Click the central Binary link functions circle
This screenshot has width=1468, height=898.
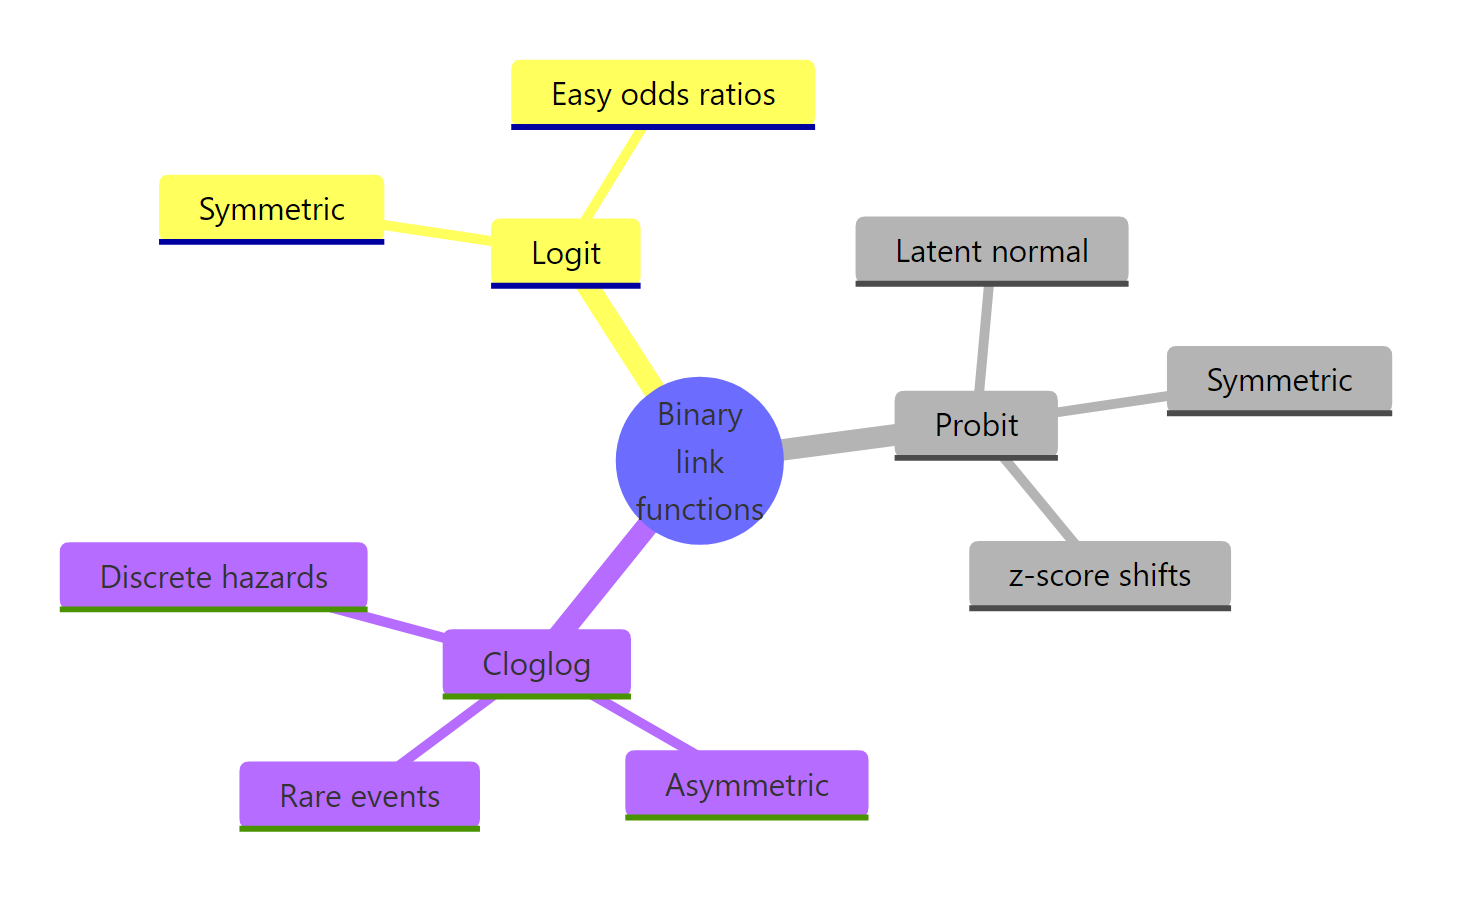[x=699, y=461]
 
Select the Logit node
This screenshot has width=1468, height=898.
[x=565, y=253]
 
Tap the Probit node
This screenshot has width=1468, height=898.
[x=976, y=425]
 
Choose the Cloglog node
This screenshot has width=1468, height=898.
[x=536, y=664]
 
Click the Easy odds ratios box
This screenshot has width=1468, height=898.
[x=663, y=94]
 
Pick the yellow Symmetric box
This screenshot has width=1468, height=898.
[x=271, y=209]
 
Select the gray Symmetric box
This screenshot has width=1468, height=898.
[x=1279, y=380]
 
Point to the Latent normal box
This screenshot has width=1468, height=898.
[x=991, y=251]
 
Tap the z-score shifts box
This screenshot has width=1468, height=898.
[x=1099, y=575]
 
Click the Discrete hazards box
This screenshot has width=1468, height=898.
[x=213, y=577]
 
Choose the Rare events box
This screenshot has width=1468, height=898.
[x=359, y=796]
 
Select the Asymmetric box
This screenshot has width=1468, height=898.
[x=746, y=785]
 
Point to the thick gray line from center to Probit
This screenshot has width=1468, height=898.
[x=838, y=442]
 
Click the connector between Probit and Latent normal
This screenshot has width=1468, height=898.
[x=984, y=338]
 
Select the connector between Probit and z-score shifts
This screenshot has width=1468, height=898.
[x=1040, y=501]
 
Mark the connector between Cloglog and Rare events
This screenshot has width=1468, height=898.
[x=446, y=730]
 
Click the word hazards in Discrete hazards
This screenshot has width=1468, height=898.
[x=276, y=577]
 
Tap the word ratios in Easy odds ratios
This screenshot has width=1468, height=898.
[x=738, y=94]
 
